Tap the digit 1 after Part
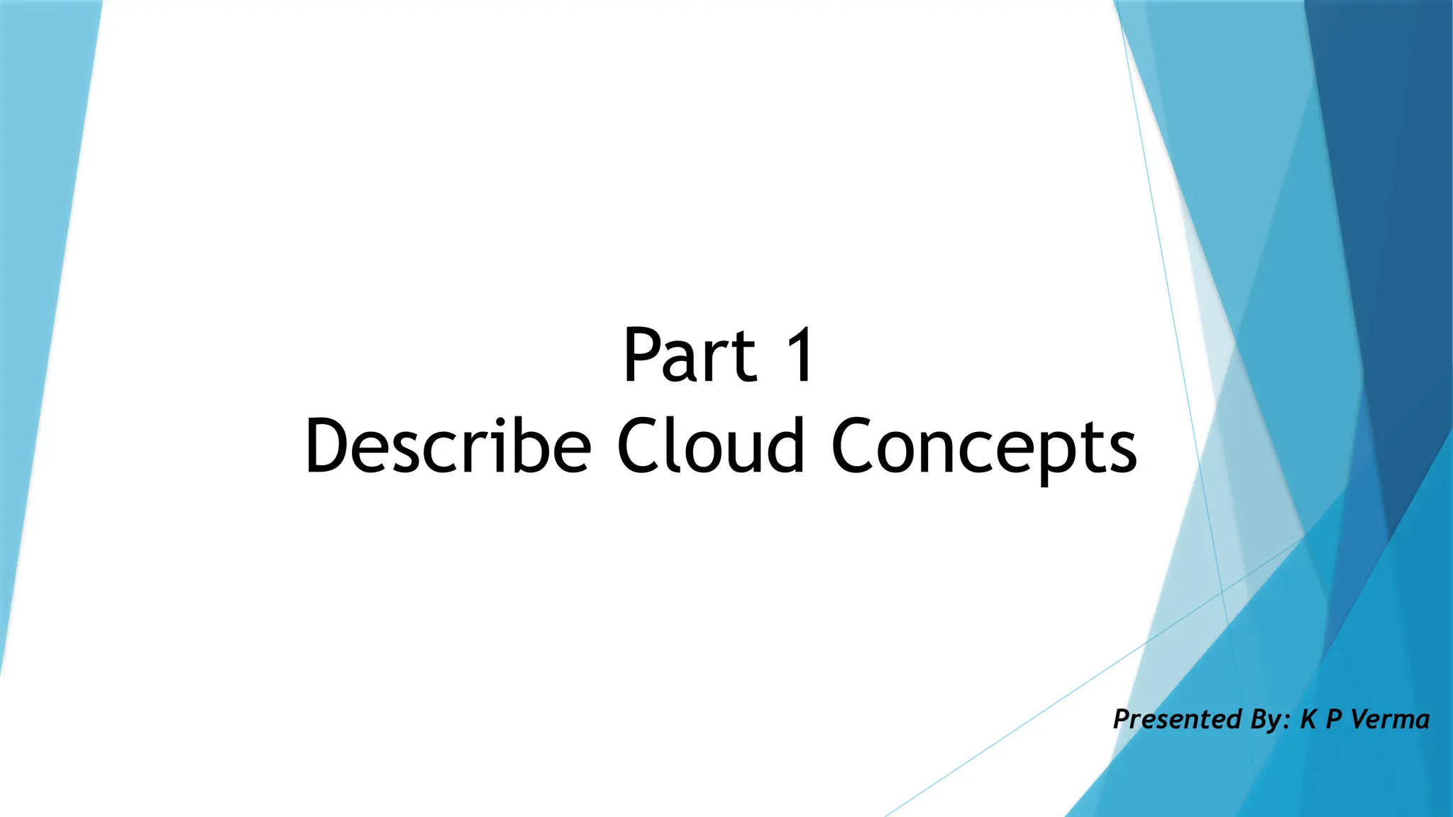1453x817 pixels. pos(800,356)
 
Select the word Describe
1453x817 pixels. pos(448,447)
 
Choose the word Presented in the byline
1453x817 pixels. pos(1177,719)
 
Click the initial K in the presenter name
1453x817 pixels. pos(1308,719)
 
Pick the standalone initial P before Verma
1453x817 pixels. pos(1334,719)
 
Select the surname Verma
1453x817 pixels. pos(1391,719)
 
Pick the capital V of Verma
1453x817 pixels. pos(1361,719)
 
